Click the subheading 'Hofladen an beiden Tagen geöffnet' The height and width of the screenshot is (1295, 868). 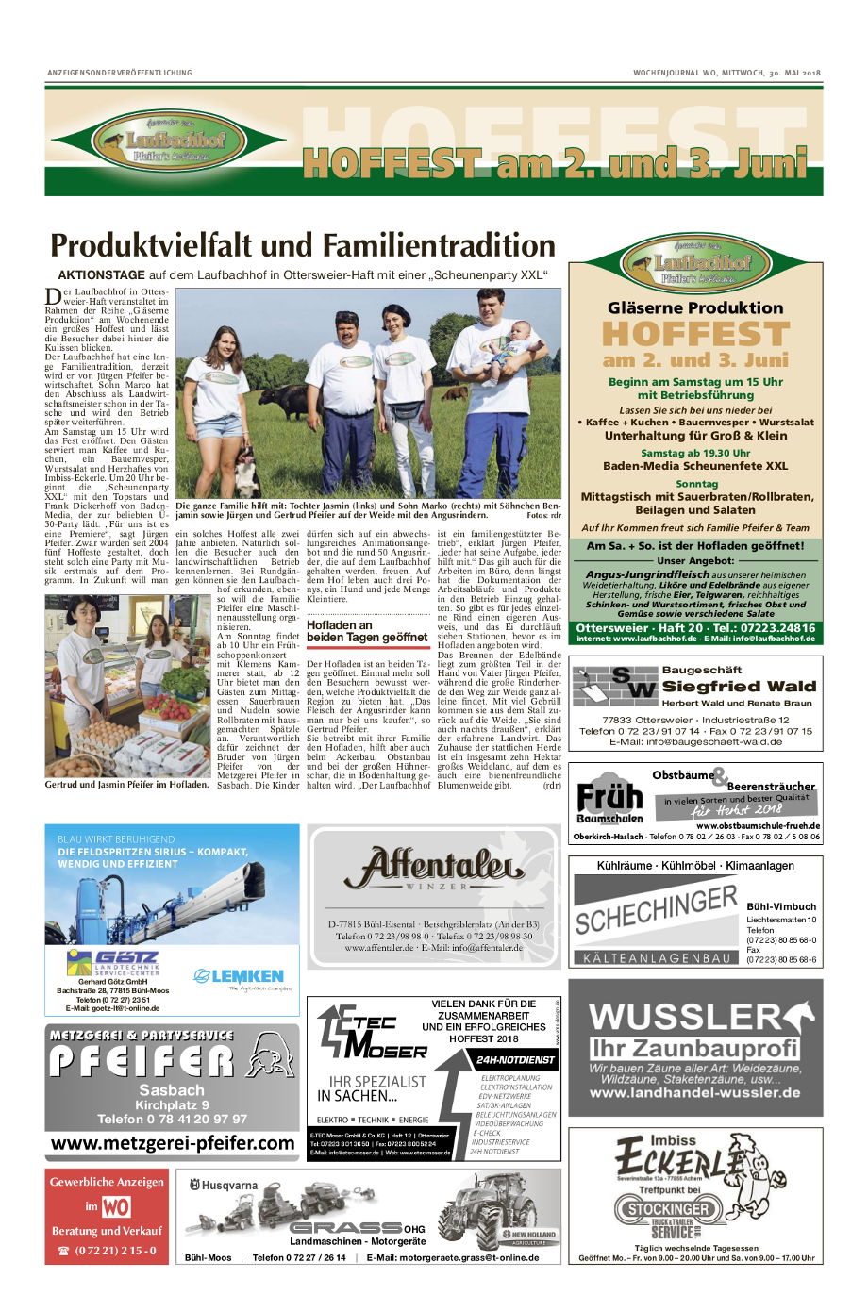(367, 631)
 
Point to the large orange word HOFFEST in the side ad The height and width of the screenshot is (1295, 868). (695, 335)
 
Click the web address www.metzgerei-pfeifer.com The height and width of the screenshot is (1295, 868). (173, 1143)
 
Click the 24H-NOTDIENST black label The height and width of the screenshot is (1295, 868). (515, 1060)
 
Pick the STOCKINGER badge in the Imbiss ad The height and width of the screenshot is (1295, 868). (668, 1208)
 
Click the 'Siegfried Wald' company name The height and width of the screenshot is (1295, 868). (739, 687)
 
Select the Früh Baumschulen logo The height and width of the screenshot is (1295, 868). (609, 798)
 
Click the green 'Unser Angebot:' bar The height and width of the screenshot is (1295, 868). (695, 560)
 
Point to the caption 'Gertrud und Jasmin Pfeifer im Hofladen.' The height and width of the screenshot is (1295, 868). (126, 784)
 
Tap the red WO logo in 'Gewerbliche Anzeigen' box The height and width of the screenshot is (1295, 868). (116, 1206)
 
